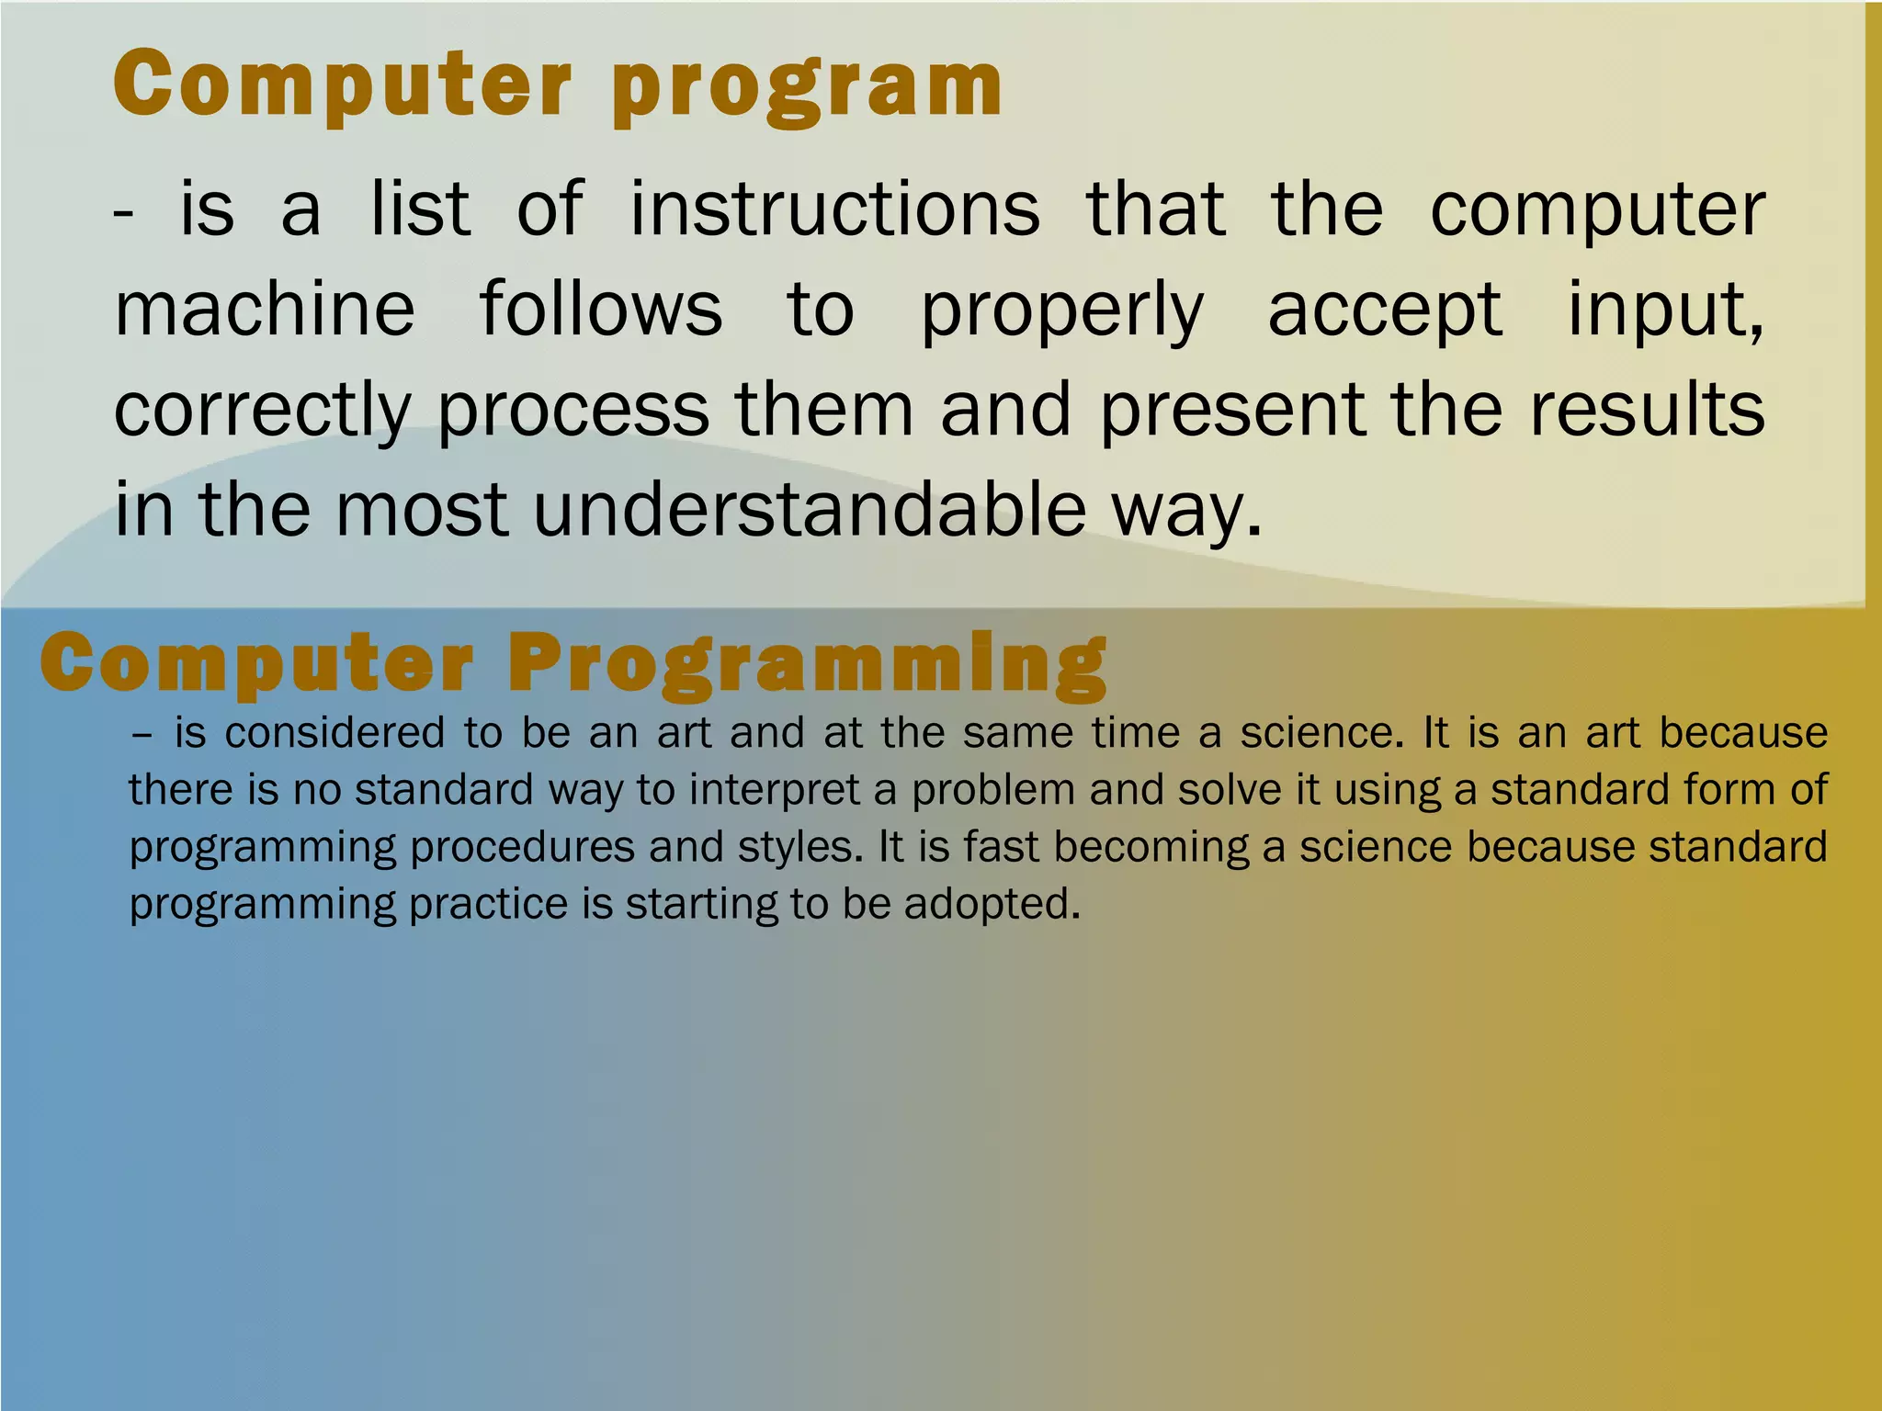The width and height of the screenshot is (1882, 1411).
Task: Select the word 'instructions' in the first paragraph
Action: coord(834,210)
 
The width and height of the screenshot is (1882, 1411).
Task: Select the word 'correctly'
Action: coord(262,411)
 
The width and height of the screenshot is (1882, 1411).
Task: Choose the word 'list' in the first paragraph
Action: coord(420,210)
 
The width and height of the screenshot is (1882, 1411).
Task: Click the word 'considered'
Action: coord(335,733)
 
